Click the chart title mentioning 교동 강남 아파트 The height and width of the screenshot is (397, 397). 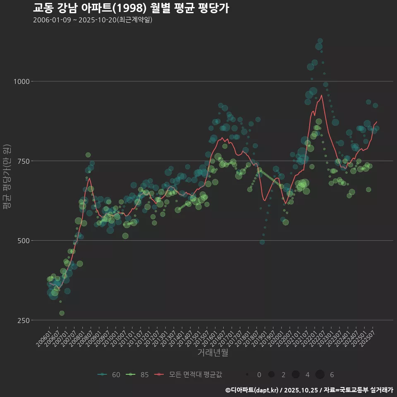pyautogui.click(x=131, y=8)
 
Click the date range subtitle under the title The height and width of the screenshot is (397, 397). pyautogui.click(x=93, y=20)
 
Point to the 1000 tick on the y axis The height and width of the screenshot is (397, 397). pyautogui.click(x=21, y=81)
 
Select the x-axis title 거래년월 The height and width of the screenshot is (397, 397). pyautogui.click(x=213, y=352)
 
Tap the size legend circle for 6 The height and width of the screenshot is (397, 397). pyautogui.click(x=320, y=375)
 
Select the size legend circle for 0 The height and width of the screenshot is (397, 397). pyautogui.click(x=247, y=375)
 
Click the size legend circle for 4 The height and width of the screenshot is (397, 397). pyautogui.click(x=295, y=375)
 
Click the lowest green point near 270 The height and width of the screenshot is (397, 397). pyautogui.click(x=62, y=313)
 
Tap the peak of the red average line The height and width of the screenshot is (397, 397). pyautogui.click(x=321, y=95)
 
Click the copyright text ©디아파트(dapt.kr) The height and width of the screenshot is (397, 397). pyautogui.click(x=252, y=390)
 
